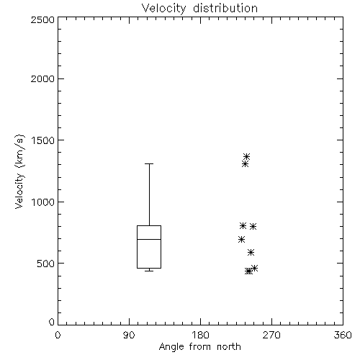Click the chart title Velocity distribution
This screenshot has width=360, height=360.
199,9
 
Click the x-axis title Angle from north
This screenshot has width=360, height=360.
199,346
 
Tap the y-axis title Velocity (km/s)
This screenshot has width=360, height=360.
19,171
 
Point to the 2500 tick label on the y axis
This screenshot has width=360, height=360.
42,19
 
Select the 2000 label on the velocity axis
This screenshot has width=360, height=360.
42,78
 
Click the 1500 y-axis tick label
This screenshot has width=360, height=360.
43,140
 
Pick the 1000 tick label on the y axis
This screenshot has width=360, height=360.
43,202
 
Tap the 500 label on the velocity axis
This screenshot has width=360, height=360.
46,264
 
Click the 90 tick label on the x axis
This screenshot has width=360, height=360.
129,335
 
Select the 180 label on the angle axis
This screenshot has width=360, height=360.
200,335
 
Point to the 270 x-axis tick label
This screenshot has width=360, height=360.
271,335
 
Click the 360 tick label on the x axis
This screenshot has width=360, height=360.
343,335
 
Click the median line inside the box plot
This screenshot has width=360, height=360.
149,239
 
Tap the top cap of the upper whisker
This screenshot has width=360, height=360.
149,163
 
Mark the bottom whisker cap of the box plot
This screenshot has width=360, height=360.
149,271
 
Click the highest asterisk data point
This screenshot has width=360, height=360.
246,157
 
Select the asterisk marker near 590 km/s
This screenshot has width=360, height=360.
251,252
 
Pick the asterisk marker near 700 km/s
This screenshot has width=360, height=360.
241,239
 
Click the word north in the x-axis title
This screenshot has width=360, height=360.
229,346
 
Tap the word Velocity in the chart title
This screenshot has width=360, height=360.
164,9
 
